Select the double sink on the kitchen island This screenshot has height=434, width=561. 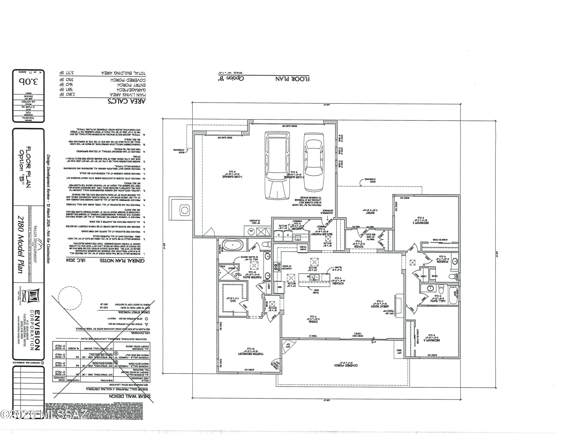[314, 277]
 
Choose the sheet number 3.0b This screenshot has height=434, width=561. [28, 82]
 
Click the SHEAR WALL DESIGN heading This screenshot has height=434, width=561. [130, 396]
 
